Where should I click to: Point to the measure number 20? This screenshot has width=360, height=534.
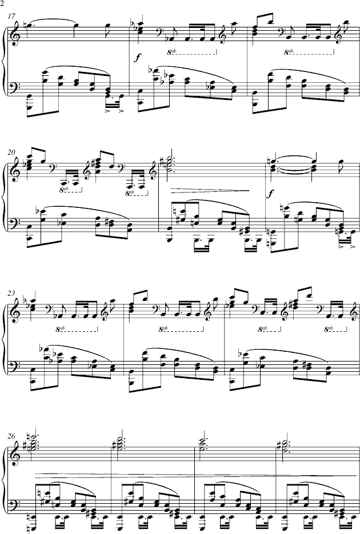point(11,152)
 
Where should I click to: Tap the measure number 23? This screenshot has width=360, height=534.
point(11,293)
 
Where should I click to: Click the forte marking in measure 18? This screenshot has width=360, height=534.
point(137,58)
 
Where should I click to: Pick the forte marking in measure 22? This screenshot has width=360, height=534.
point(271,194)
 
